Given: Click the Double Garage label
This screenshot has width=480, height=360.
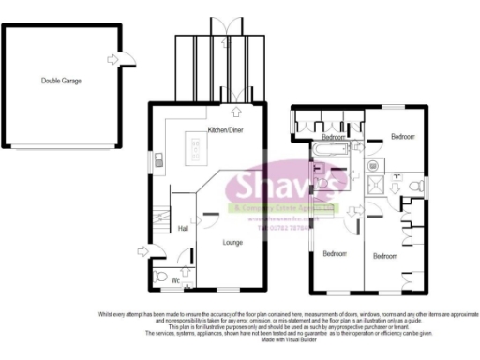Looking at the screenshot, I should pos(61,82).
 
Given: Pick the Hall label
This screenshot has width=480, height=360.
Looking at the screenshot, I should pos(183,228).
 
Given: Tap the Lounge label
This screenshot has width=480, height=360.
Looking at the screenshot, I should pos(232,242).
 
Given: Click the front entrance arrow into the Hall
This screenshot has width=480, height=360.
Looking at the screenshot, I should pos(141,249).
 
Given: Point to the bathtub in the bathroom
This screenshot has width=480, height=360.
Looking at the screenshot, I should pos(328,150).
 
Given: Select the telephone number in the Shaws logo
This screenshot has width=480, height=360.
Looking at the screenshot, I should pos(277,227).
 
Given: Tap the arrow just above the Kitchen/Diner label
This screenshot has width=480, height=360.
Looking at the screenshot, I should pos(221,112).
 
